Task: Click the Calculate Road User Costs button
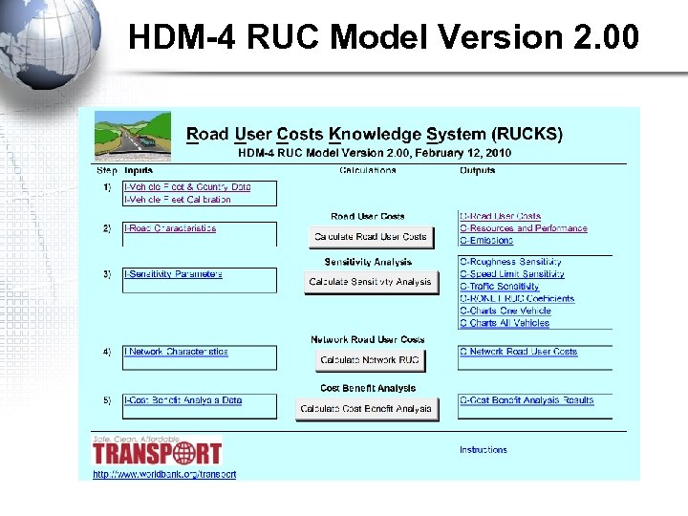(x=371, y=237)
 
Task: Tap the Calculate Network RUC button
(x=370, y=360)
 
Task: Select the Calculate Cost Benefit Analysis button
(x=366, y=409)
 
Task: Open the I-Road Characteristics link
(x=170, y=228)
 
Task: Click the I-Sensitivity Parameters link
(x=173, y=274)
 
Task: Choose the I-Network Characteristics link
(x=176, y=352)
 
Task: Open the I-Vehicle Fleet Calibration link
(x=178, y=200)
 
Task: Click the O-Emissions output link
(x=486, y=241)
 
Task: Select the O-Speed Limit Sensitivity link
(x=511, y=274)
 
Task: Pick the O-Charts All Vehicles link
(x=505, y=323)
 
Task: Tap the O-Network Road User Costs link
(x=518, y=352)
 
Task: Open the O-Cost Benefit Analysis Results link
(x=527, y=400)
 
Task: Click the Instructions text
(x=484, y=450)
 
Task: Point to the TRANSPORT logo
(x=157, y=451)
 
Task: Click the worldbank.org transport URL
(x=164, y=474)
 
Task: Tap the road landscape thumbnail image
(x=133, y=136)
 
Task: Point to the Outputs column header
(x=477, y=171)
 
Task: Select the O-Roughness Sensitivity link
(x=510, y=262)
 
